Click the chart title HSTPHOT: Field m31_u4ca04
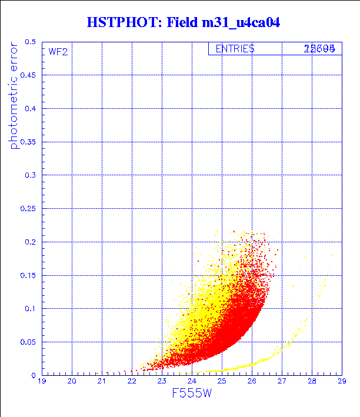click(183, 23)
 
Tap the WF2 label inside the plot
click(58, 52)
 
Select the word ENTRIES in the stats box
click(235, 49)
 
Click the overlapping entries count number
click(319, 49)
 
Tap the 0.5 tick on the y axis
click(31, 42)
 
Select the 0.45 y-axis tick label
click(28, 75)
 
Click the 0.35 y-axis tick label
click(28, 142)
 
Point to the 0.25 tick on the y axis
click(28, 208)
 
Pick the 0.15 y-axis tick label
click(28, 275)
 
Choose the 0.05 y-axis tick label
click(28, 342)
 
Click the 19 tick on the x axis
click(42, 382)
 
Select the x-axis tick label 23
click(162, 382)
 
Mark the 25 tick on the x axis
click(222, 382)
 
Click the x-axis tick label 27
click(282, 382)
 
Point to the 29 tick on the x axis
click(341, 382)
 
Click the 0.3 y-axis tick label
click(31, 175)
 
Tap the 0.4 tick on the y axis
click(31, 109)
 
